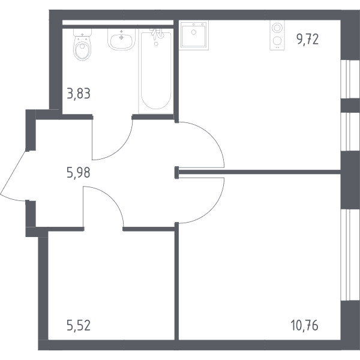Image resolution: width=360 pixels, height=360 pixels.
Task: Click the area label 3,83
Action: coord(79,94)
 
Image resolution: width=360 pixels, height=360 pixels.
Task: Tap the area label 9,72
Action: coord(307,39)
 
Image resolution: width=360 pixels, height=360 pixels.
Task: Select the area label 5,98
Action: coord(78,172)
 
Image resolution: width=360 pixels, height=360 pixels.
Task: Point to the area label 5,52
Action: coord(79,325)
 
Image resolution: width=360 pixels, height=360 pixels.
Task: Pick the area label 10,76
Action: coord(304,325)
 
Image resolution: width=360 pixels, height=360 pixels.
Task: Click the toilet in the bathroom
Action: coord(82,45)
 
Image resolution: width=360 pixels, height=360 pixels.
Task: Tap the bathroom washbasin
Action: coord(121,40)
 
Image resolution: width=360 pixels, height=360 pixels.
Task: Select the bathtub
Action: coord(156,71)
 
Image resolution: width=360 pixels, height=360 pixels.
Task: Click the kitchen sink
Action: coord(194,35)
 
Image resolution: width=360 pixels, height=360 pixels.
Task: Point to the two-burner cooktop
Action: coord(277,35)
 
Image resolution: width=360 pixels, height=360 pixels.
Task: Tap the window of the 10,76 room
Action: coord(346,255)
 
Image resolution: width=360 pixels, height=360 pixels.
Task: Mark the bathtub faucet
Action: coord(157,34)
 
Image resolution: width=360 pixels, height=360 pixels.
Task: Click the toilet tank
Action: coord(82,32)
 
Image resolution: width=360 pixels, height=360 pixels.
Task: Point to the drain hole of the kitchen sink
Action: coord(194,32)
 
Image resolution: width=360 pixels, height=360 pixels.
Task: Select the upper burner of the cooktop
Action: coord(277,28)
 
